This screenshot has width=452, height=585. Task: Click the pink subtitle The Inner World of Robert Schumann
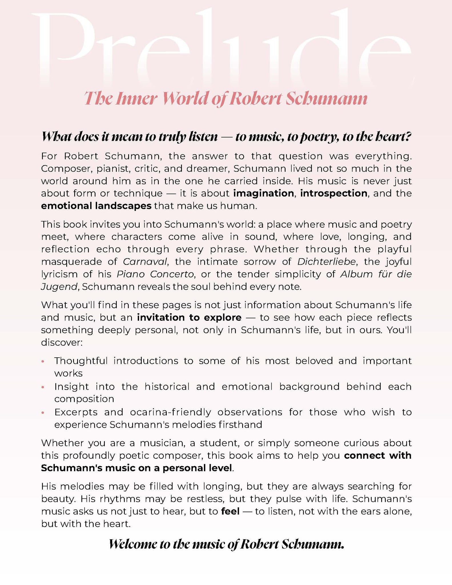point(226,99)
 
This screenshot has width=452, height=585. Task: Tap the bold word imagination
point(264,193)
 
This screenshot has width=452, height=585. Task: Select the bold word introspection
point(334,193)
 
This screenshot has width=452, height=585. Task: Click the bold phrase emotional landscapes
point(96,206)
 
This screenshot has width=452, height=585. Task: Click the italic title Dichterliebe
point(326,262)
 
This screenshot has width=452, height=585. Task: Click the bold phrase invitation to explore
point(189,318)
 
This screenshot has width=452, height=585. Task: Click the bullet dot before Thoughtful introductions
point(43,361)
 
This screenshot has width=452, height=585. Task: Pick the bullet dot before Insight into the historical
point(43,387)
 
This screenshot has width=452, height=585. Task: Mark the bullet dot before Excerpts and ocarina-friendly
point(43,413)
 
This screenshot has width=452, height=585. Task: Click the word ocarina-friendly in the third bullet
point(170,412)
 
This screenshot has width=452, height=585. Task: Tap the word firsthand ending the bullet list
point(240,425)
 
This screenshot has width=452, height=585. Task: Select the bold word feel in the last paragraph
point(230,511)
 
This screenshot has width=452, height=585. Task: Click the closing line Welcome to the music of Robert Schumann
point(226,544)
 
